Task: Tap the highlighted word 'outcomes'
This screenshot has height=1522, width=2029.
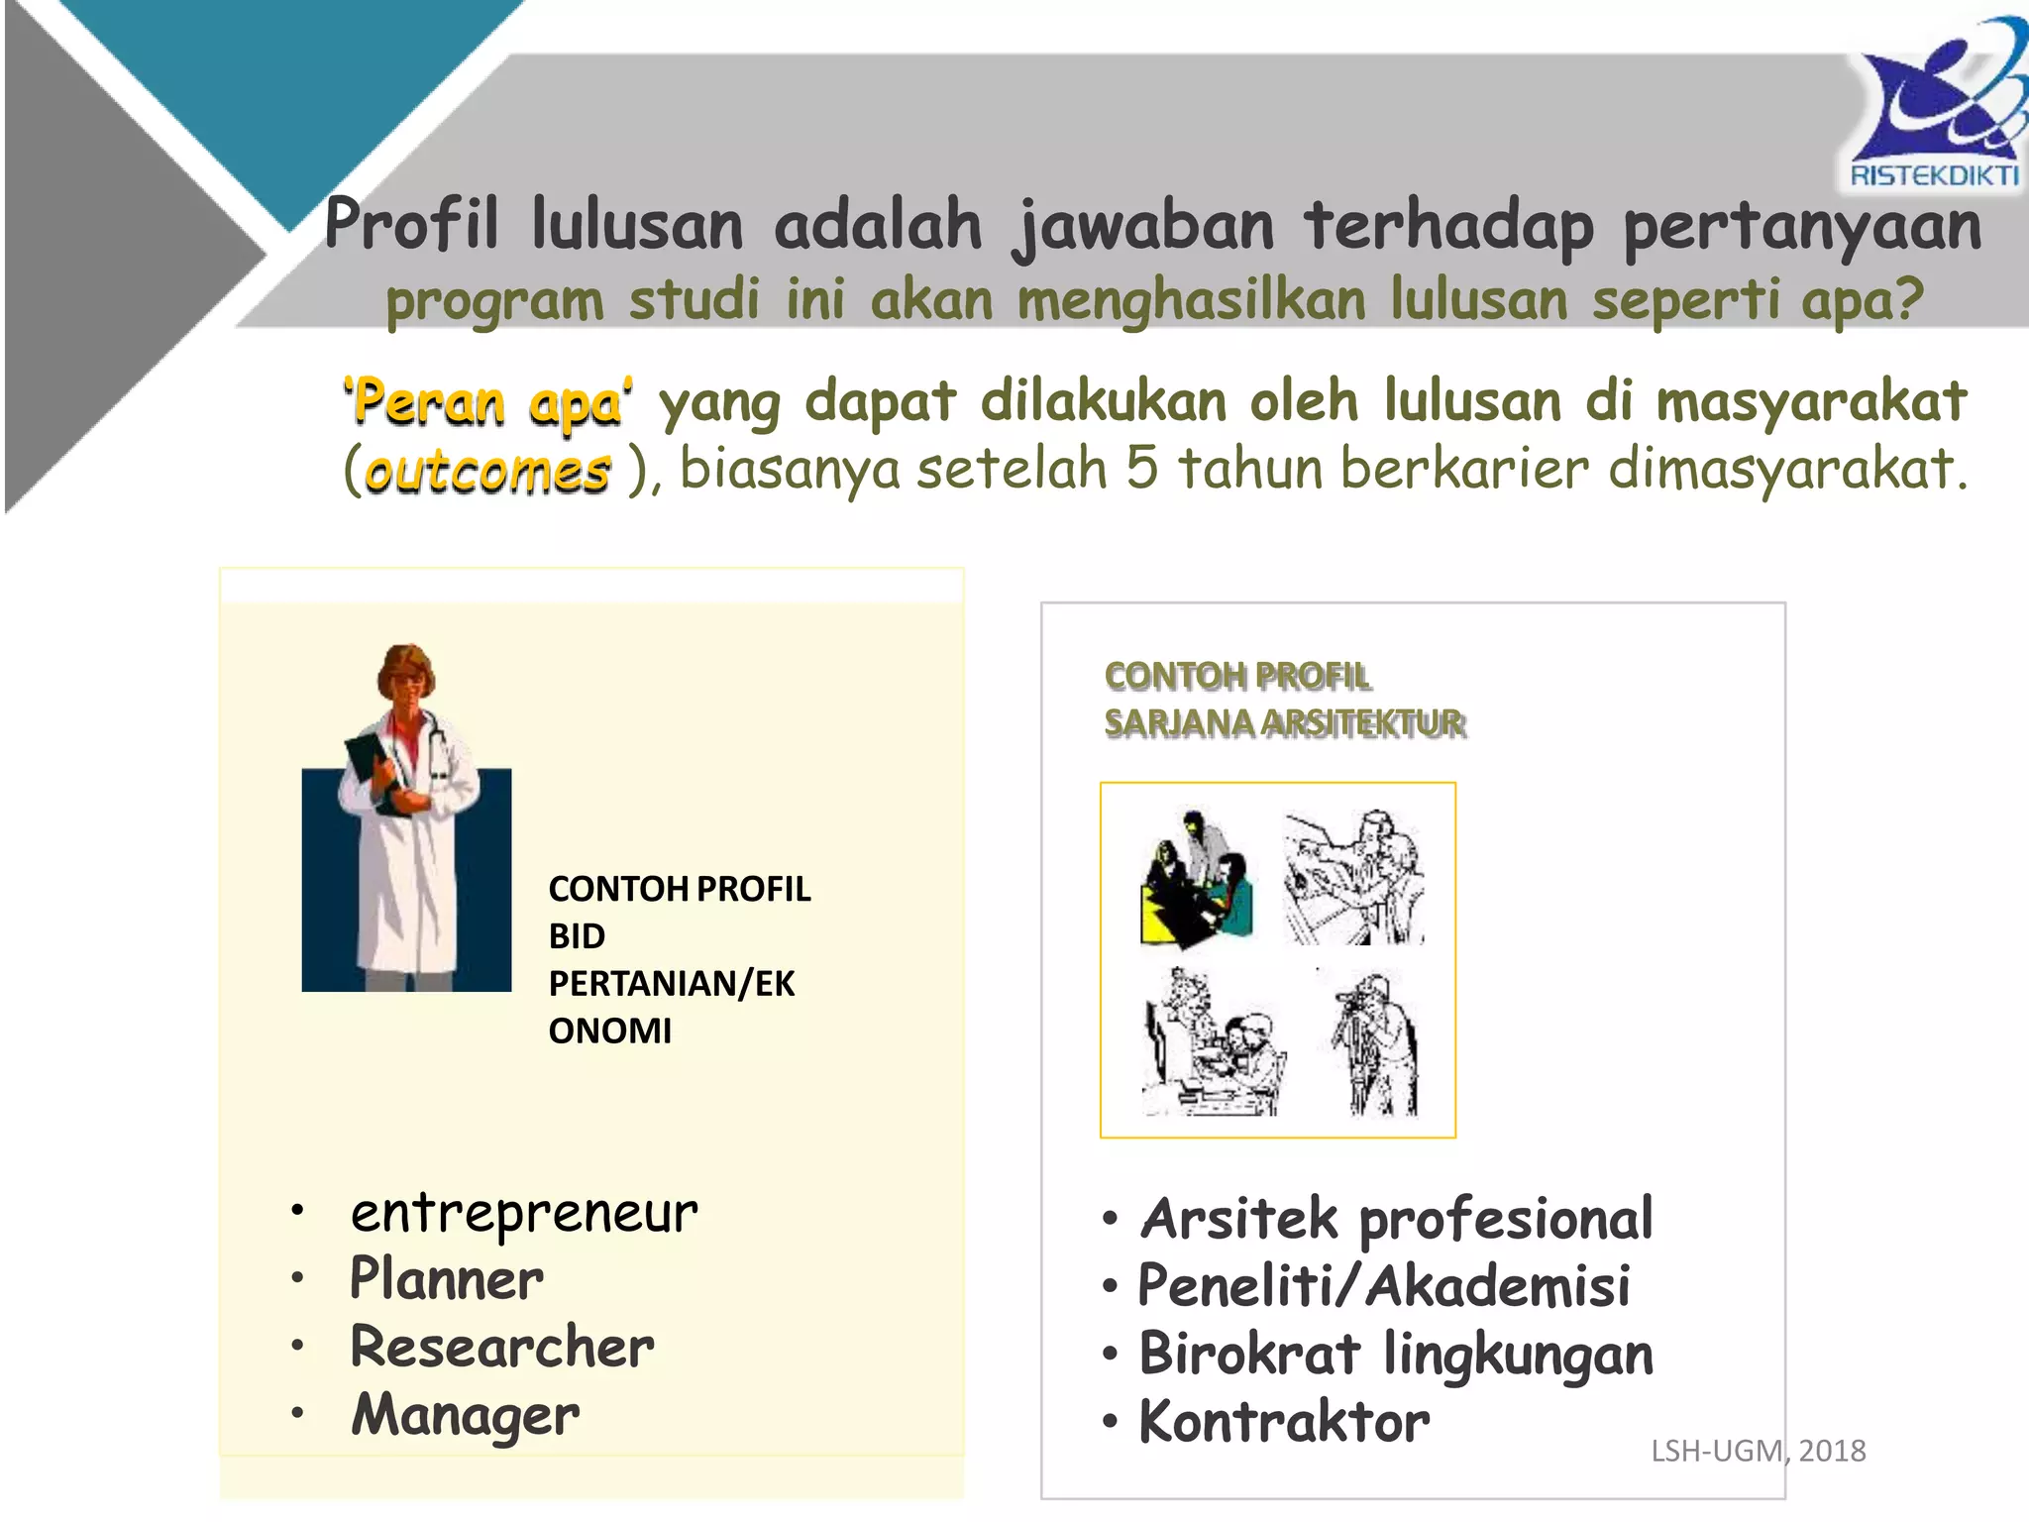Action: pyautogui.click(x=487, y=472)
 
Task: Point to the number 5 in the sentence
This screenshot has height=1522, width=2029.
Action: pyautogui.click(x=1141, y=468)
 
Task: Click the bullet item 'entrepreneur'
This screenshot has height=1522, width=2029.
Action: pyautogui.click(x=524, y=1213)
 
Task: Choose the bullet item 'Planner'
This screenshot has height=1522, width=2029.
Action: pyautogui.click(x=447, y=1279)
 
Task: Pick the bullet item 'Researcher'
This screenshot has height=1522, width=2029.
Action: pyautogui.click(x=502, y=1347)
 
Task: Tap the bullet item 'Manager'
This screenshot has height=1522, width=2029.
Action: pyautogui.click(x=466, y=1415)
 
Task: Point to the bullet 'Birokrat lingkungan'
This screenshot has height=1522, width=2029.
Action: pyautogui.click(x=1396, y=1354)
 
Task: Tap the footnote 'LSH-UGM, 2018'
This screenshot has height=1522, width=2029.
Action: pyautogui.click(x=1758, y=1451)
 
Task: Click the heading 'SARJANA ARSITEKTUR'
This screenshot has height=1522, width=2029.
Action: pyautogui.click(x=1284, y=723)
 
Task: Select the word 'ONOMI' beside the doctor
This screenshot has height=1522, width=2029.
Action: pyautogui.click(x=610, y=1031)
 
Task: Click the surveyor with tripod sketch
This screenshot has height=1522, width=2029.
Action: pyautogui.click(x=1375, y=1043)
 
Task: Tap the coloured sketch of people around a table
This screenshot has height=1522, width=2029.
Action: pyautogui.click(x=1197, y=880)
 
